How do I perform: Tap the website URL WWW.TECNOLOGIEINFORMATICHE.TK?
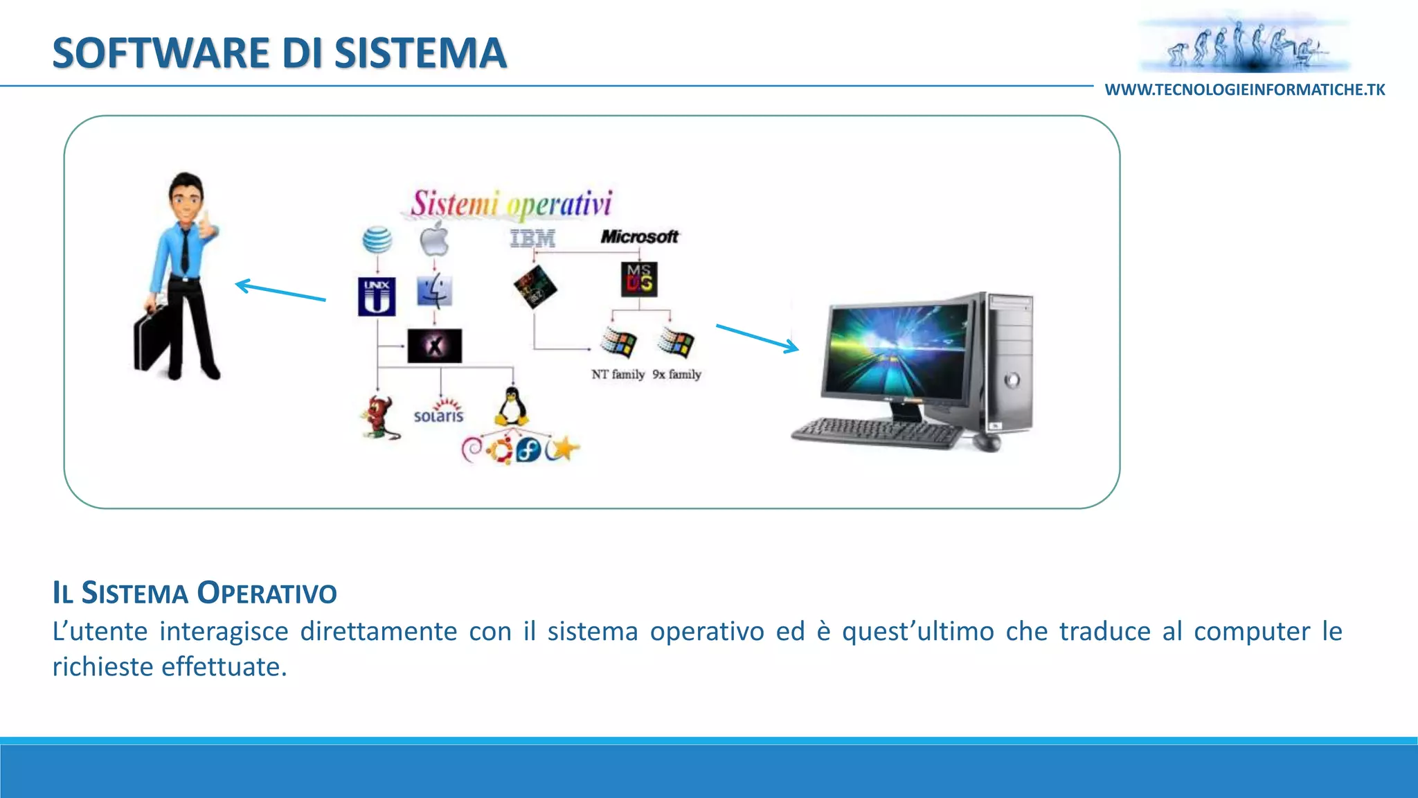1244,90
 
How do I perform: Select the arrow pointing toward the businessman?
280,291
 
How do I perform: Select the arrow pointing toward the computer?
757,338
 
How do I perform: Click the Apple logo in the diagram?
434,239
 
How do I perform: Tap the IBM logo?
532,238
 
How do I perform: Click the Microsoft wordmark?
639,237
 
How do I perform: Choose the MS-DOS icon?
639,279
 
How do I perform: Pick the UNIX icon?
377,296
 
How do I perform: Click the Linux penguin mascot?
511,407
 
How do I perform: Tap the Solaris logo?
438,411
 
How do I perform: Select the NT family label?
618,375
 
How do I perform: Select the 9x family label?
676,375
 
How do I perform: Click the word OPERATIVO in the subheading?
267,593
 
